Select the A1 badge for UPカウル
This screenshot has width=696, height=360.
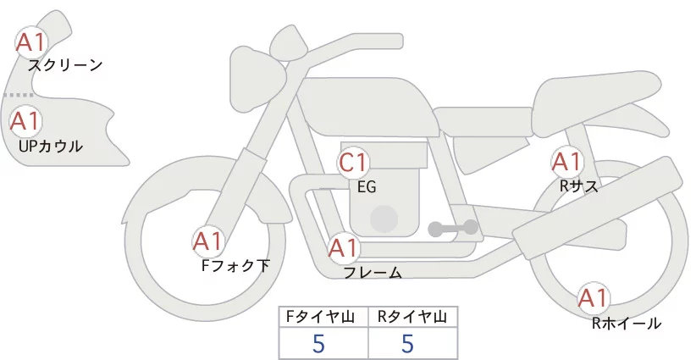[x=25, y=120]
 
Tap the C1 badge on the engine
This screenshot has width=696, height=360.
[x=353, y=163]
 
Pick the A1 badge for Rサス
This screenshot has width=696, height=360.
[x=566, y=161]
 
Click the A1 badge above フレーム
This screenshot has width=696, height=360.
[x=344, y=249]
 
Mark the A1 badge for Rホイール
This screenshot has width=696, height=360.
[x=594, y=298]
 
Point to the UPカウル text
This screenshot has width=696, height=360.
[x=50, y=146]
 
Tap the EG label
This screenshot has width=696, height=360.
[x=367, y=187]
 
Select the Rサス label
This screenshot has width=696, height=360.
[x=579, y=186]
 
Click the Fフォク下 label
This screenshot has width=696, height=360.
[x=235, y=266]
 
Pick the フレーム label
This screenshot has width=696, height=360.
[x=373, y=273]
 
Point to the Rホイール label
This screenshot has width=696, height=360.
[x=627, y=323]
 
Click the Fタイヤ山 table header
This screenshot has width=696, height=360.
[x=323, y=317]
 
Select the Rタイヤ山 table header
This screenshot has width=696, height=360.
[x=412, y=317]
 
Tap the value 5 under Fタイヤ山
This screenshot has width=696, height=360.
[x=318, y=344]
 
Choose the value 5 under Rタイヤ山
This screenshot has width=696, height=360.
[x=407, y=344]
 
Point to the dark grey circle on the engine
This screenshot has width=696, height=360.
[x=385, y=219]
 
